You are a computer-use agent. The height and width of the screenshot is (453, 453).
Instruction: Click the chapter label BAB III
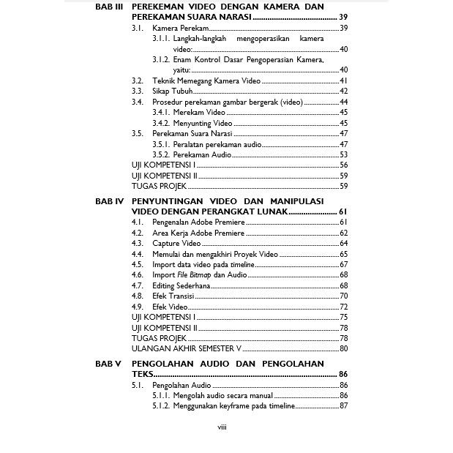pyautogui.click(x=109, y=7)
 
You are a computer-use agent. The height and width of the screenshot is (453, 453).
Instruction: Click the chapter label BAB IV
pyautogui.click(x=109, y=201)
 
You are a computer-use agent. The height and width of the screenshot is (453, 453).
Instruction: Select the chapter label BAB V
pyautogui.click(x=108, y=364)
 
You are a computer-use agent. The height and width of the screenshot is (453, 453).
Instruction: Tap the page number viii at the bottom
pyautogui.click(x=222, y=427)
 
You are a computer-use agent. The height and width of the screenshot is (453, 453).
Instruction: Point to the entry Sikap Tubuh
pyautogui.click(x=172, y=91)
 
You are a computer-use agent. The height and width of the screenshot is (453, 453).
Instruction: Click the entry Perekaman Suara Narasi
pyautogui.click(x=192, y=134)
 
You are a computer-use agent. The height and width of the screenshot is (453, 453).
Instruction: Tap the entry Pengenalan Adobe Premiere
pyautogui.click(x=198, y=222)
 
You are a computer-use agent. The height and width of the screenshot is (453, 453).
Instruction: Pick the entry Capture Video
pyautogui.click(x=176, y=243)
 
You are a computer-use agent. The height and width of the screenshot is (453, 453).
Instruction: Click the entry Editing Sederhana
pyautogui.click(x=181, y=285)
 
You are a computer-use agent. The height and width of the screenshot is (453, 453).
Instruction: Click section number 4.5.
pyautogui.click(x=137, y=264)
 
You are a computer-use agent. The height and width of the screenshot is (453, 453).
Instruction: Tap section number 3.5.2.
pyautogui.click(x=161, y=155)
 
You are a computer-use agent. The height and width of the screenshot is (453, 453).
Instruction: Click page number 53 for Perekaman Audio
pyautogui.click(x=343, y=155)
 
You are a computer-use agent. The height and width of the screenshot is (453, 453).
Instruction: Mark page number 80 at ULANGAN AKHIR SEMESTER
pyautogui.click(x=343, y=348)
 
